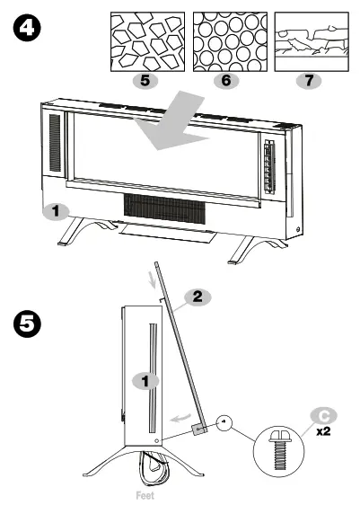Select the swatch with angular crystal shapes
click(x=146, y=40)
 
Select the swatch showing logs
click(x=311, y=40)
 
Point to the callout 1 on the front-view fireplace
click(x=56, y=212)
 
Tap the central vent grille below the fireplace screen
click(x=166, y=208)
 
